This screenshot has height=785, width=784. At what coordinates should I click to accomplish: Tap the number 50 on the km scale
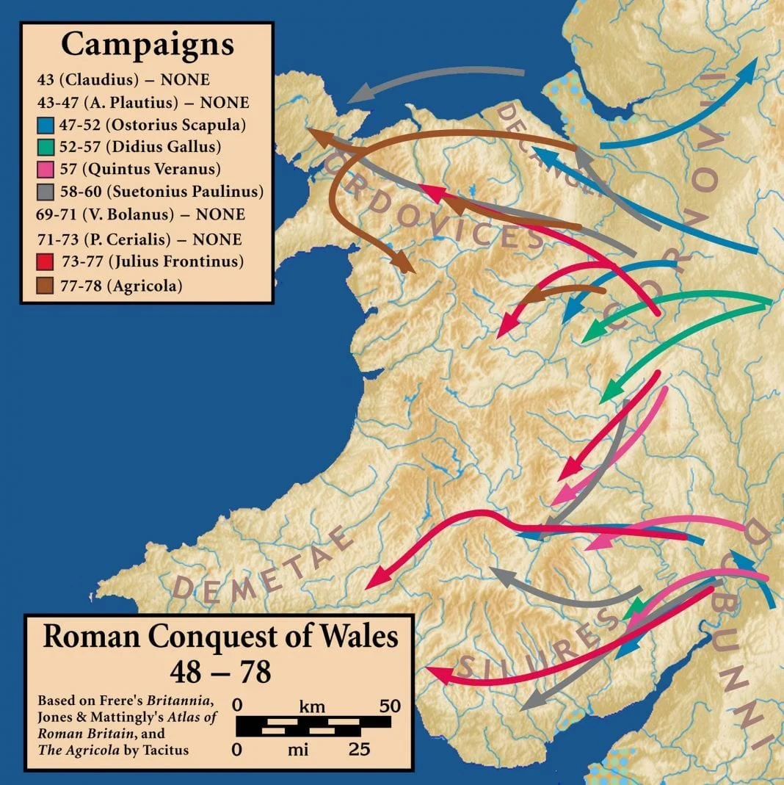389,706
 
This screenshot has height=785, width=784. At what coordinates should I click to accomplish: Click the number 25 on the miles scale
357,750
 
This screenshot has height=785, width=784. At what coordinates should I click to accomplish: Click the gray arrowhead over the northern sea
358,95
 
